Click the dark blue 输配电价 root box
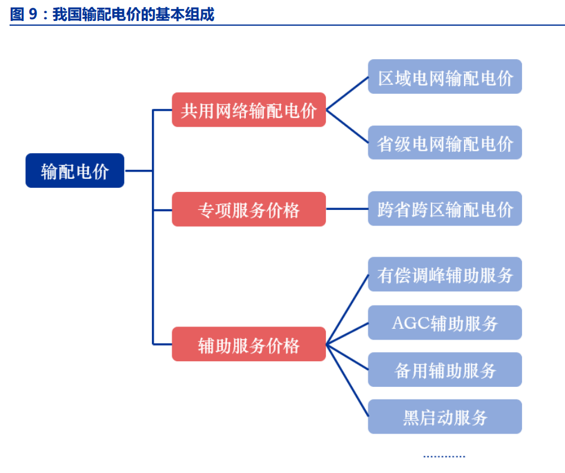point(75,171)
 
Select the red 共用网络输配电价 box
point(249,110)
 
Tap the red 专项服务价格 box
point(249,209)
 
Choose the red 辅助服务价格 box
point(249,344)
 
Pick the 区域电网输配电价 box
point(445,77)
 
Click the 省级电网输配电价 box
point(445,143)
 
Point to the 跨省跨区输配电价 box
point(445,209)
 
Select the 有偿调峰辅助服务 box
point(445,274)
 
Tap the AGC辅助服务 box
point(445,323)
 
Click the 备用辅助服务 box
point(445,370)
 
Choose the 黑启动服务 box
point(445,417)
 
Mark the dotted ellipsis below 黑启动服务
point(444,456)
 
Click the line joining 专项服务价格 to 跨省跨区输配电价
point(347,209)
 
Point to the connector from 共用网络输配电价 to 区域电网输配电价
point(347,94)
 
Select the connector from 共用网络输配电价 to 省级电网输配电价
point(347,126)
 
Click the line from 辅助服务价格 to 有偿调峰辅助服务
point(347,309)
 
